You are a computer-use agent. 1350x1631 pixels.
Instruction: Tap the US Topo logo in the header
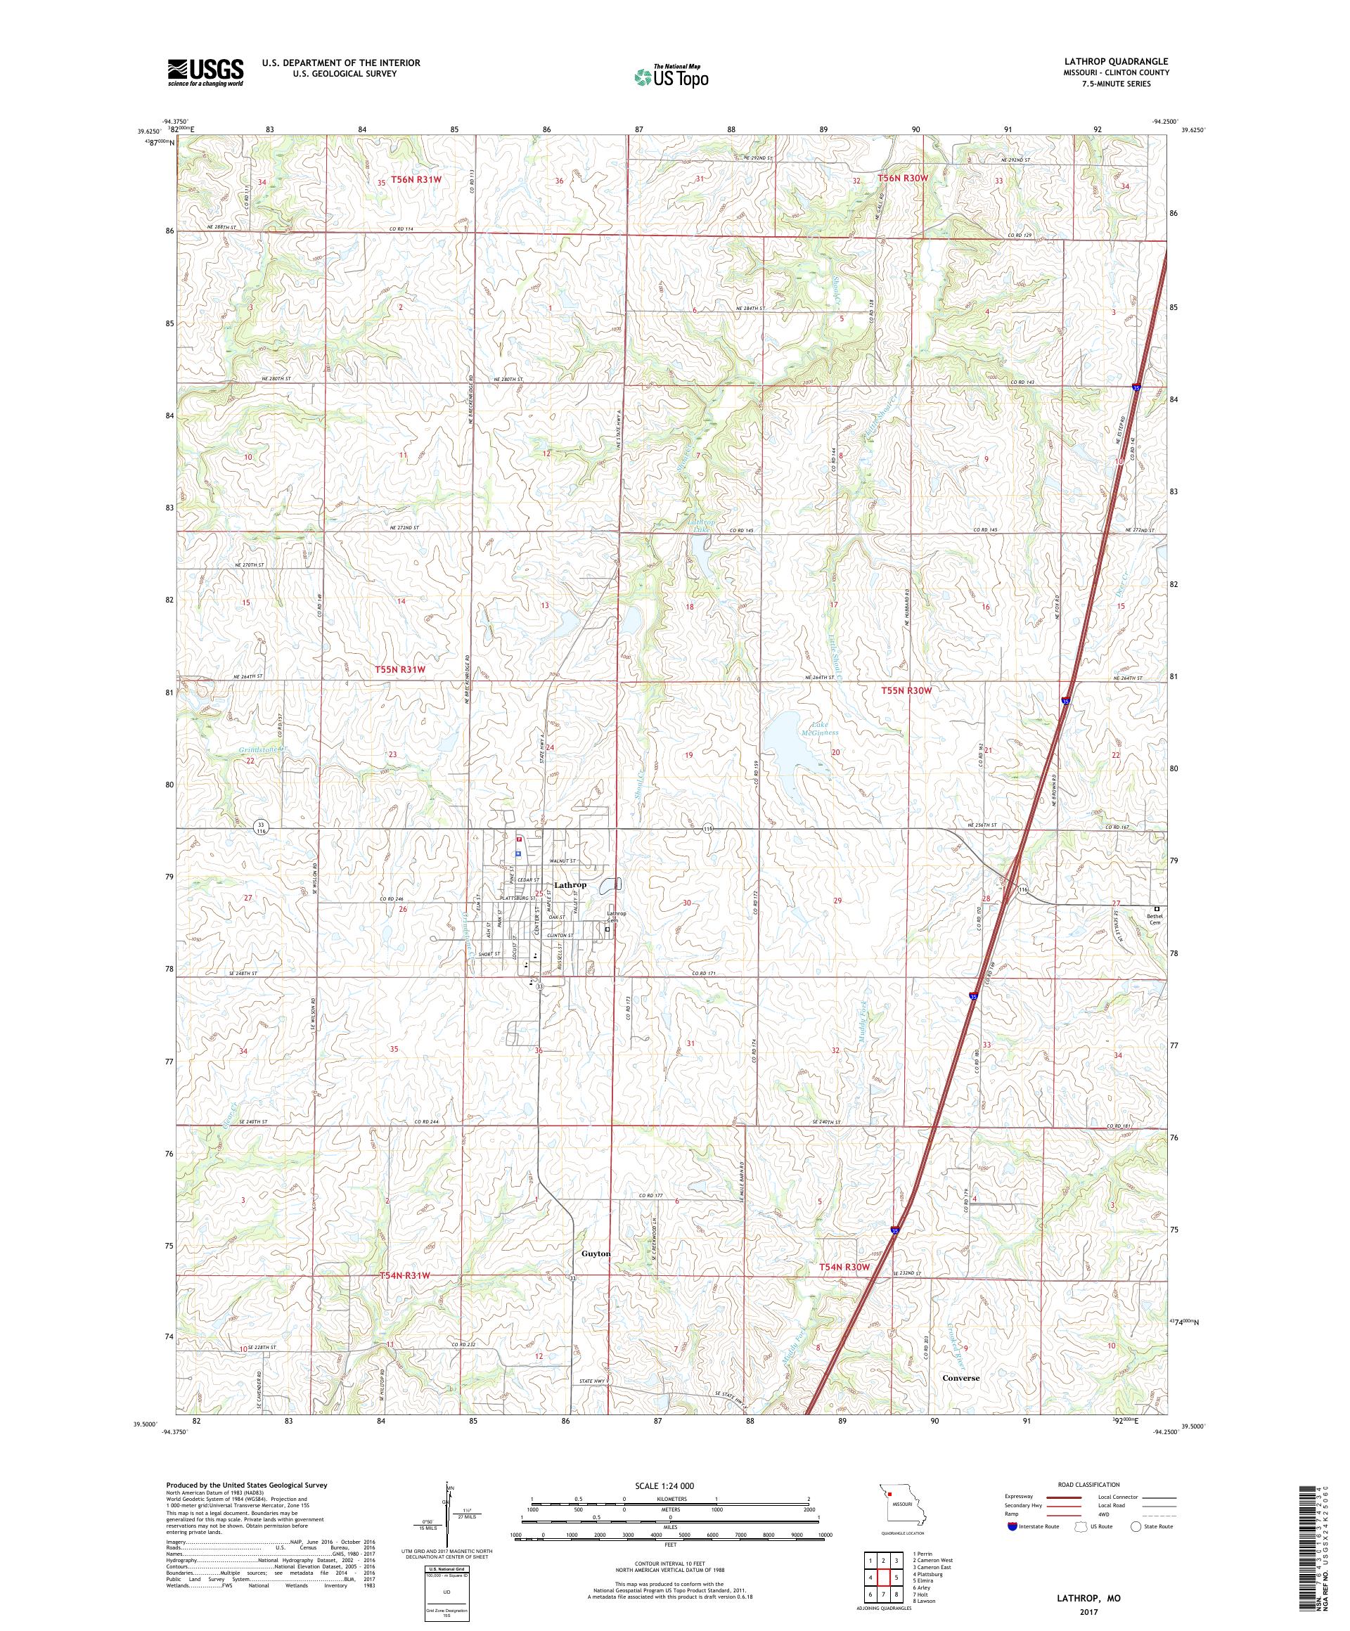[672, 76]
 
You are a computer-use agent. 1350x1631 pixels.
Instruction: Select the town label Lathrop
[571, 884]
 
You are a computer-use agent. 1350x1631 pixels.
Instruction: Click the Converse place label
[961, 1377]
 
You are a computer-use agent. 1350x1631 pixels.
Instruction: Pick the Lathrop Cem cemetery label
[616, 917]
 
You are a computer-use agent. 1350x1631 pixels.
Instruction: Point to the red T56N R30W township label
[903, 179]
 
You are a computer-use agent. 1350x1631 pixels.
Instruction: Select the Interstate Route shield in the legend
[1012, 1526]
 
